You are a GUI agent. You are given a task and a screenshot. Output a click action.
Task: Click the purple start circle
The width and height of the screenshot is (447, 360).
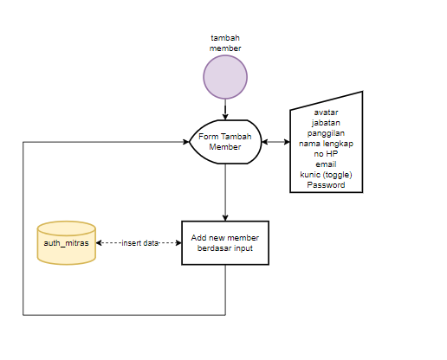(225, 77)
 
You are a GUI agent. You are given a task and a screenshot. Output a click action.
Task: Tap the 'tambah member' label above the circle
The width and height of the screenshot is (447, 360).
(225, 43)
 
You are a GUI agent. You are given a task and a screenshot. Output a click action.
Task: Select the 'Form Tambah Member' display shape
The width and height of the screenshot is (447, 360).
(225, 142)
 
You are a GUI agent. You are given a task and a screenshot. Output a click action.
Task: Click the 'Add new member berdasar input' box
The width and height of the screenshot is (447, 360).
(225, 243)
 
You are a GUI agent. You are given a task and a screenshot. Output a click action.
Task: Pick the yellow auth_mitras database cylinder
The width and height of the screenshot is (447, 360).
(67, 243)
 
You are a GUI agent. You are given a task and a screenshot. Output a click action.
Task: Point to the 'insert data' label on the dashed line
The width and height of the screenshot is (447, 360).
(140, 243)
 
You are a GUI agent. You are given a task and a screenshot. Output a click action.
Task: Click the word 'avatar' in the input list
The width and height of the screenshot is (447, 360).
(326, 112)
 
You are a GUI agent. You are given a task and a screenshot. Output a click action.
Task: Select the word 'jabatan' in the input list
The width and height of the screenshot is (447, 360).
(326, 123)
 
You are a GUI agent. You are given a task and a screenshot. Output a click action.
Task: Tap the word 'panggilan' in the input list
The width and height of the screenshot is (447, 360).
(326, 133)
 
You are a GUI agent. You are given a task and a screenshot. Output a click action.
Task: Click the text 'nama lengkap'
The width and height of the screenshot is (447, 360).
(326, 144)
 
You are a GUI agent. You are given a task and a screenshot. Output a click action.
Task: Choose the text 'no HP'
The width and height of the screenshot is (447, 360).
(326, 154)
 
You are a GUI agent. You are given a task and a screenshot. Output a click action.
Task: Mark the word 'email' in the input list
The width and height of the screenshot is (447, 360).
(326, 164)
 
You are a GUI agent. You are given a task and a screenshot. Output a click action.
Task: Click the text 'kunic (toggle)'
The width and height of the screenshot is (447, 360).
(326, 175)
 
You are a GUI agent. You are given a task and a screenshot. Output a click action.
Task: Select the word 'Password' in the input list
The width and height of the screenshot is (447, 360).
(326, 185)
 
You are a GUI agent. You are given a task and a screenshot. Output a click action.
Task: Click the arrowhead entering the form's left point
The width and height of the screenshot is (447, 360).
(186, 142)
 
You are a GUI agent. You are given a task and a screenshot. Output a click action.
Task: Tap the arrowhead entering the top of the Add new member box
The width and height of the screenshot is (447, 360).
(225, 218)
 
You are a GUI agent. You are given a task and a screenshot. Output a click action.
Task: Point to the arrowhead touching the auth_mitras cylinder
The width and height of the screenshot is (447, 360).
(99, 243)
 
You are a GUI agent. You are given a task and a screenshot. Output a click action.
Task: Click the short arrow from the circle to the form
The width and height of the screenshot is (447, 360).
(225, 110)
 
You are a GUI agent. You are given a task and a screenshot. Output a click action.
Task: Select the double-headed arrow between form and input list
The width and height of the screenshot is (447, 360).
(275, 142)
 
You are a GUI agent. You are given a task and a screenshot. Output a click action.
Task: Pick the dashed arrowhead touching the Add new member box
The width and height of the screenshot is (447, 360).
(178, 243)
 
